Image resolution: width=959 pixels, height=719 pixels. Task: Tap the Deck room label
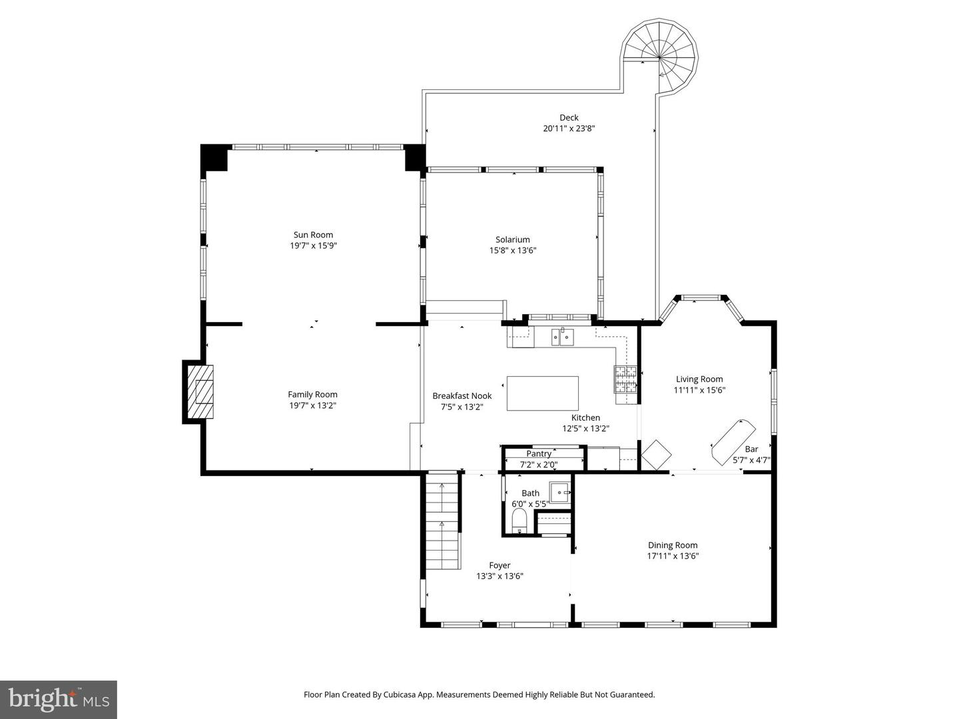(569, 118)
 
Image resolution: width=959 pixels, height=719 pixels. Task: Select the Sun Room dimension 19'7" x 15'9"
(313, 246)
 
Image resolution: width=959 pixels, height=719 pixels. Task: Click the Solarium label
(512, 240)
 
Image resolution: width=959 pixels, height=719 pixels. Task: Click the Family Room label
(312, 394)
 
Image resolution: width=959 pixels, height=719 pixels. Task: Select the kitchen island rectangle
(542, 393)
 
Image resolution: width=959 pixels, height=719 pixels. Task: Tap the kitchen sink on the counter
(563, 338)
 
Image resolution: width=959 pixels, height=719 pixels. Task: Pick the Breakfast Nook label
(462, 395)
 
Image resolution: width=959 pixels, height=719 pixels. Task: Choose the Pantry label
(539, 453)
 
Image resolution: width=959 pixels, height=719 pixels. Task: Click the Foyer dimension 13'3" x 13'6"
(499, 577)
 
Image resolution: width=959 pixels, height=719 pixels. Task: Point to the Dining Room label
(673, 545)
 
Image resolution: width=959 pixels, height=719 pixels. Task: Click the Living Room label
(699, 379)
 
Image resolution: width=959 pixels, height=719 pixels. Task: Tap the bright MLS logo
(59, 699)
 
